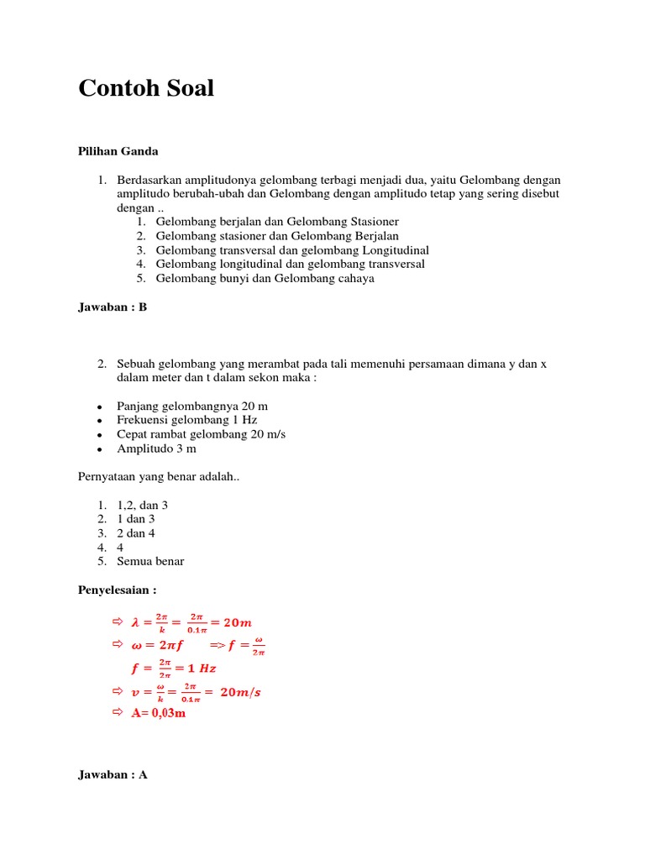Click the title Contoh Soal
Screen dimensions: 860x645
click(146, 88)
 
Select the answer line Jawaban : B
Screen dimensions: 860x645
click(113, 307)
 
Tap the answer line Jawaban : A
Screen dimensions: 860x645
click(113, 775)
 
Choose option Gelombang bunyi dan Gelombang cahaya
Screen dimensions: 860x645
click(265, 278)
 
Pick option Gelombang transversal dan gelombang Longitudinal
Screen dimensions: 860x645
click(292, 249)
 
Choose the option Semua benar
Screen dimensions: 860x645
click(150, 561)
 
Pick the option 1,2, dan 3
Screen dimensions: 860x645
click(143, 505)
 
